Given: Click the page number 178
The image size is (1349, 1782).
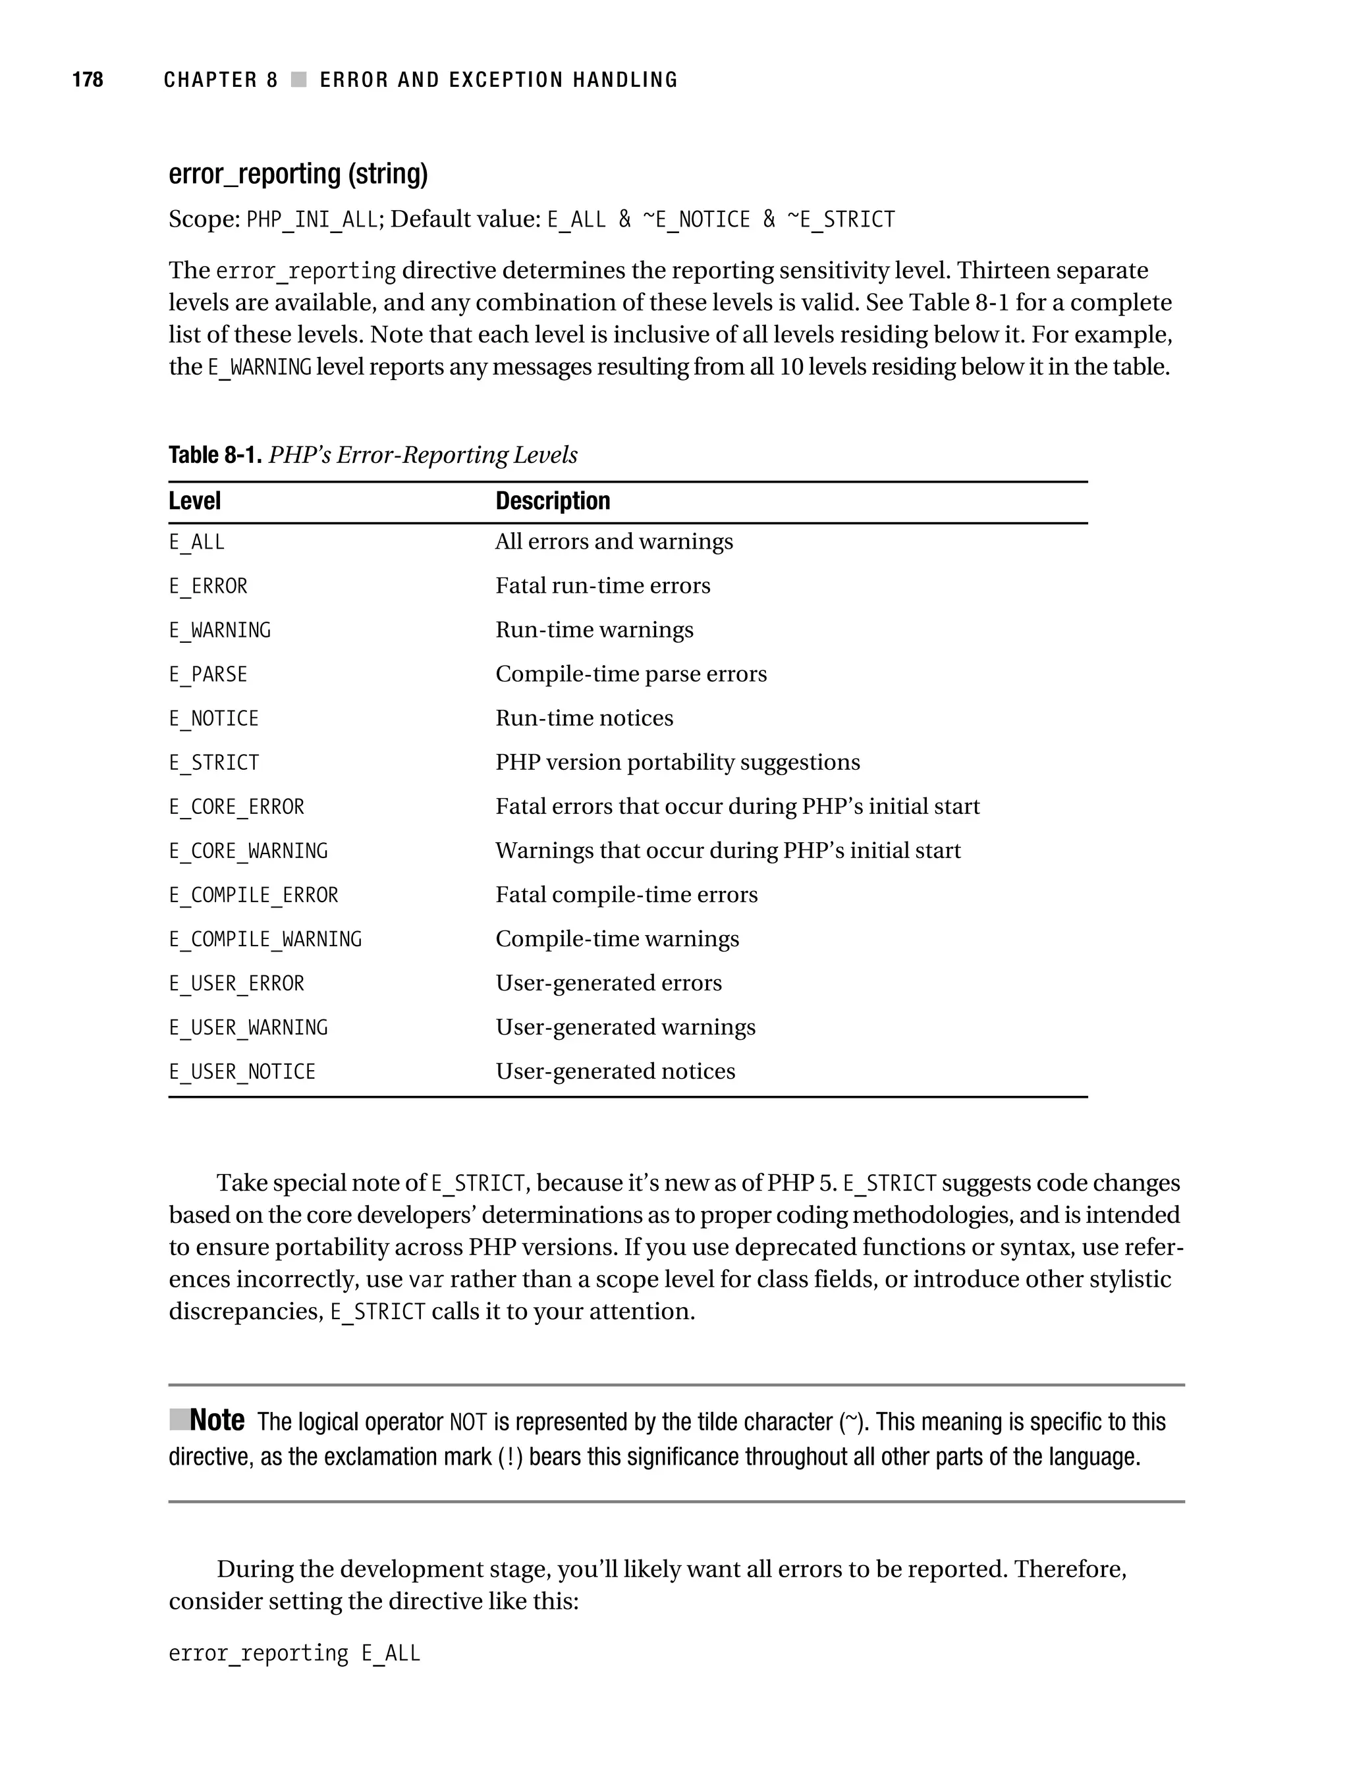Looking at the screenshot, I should [88, 80].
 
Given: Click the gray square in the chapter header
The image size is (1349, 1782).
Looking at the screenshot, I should [299, 80].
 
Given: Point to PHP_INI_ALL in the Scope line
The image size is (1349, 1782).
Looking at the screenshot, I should [312, 220].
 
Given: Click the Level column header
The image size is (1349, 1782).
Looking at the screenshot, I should [194, 501].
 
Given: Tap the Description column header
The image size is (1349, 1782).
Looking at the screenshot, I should [552, 501].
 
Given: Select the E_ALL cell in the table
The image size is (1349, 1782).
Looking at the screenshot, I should [197, 542].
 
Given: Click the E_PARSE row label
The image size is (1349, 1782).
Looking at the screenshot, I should [208, 674].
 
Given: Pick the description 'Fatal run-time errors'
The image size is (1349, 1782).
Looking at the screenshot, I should [602, 585].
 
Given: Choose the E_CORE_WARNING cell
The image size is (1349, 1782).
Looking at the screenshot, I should [248, 851].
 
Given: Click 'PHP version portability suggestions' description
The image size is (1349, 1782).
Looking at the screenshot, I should [677, 763].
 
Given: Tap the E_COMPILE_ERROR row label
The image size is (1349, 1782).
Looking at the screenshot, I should [253, 896].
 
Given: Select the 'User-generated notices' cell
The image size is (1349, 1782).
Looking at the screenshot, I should [615, 1072].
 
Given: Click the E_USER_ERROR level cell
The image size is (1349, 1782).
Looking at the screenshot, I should [236, 985].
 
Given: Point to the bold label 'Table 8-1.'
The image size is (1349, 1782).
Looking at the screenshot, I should [215, 456].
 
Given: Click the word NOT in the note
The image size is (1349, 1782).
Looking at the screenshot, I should [468, 1422].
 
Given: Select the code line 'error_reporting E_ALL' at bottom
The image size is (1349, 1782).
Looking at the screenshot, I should [294, 1654].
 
